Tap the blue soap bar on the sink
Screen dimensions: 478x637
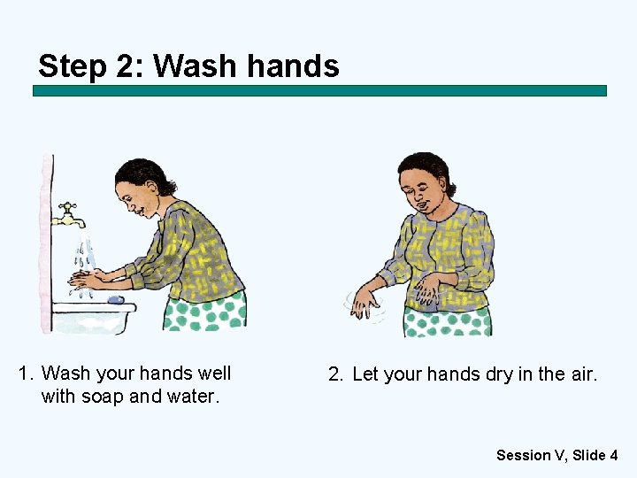(x=116, y=299)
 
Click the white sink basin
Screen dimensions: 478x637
(x=93, y=317)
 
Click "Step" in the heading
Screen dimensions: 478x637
(x=72, y=66)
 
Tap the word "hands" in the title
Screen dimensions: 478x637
(x=295, y=66)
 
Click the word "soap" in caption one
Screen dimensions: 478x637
(x=103, y=397)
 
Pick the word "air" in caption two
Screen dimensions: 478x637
(x=582, y=374)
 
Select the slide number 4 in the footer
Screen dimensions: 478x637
(x=613, y=455)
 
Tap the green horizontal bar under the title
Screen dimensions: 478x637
(x=319, y=90)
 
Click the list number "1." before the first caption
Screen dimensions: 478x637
(x=27, y=374)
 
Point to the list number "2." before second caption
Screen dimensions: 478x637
(x=336, y=374)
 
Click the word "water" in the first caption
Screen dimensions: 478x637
(x=193, y=397)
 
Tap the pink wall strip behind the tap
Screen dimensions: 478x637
(x=45, y=239)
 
